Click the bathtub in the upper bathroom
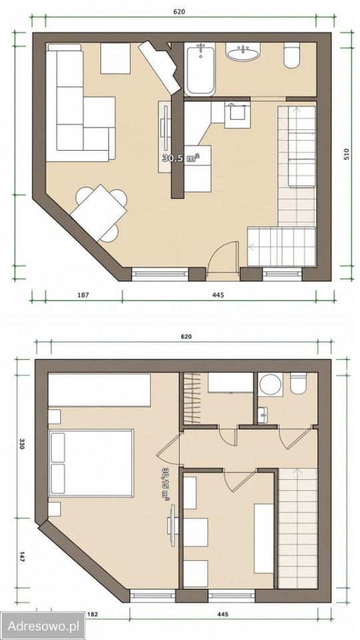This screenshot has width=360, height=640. click(201, 69)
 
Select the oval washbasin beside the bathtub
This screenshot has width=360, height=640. click(243, 52)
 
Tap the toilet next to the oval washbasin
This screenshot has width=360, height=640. click(292, 55)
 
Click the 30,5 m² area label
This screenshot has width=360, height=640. click(181, 159)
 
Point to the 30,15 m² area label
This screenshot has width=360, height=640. click(166, 484)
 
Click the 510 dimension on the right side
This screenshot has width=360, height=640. click(347, 155)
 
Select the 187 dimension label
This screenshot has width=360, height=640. click(83, 294)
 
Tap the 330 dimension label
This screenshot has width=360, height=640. click(22, 444)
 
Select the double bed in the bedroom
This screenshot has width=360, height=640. click(91, 463)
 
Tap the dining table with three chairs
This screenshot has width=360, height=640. click(99, 213)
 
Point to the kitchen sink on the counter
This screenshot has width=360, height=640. click(237, 111)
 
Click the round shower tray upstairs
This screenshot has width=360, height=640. click(270, 385)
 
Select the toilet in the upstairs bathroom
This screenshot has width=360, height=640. click(299, 384)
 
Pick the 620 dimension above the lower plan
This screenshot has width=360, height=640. click(186, 337)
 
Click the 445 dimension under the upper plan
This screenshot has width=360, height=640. click(219, 294)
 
